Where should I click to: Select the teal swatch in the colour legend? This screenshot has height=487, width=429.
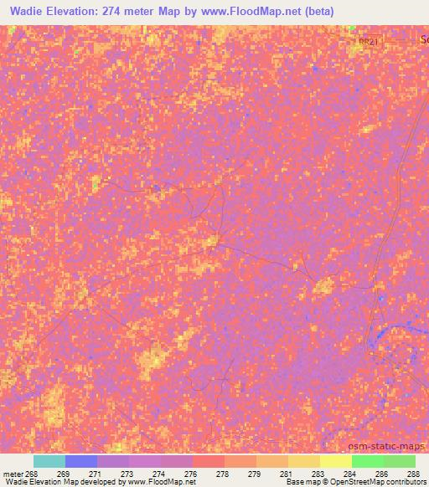click(x=49, y=461)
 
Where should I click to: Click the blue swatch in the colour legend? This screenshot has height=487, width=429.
click(x=81, y=461)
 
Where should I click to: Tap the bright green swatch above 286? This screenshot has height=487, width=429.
click(x=368, y=461)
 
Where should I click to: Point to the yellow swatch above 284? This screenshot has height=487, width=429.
click(x=336, y=461)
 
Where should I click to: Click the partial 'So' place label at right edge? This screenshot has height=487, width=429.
click(x=422, y=40)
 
